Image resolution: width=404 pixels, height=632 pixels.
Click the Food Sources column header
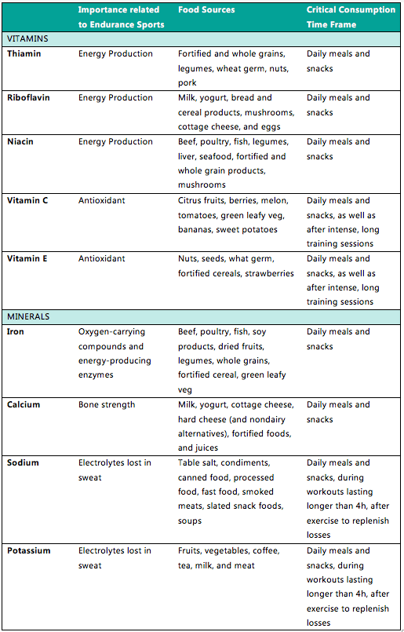click(206, 10)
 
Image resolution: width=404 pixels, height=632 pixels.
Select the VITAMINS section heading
click(27, 38)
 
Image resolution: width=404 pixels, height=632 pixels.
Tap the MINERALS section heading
click(28, 316)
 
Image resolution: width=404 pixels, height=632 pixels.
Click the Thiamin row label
click(24, 54)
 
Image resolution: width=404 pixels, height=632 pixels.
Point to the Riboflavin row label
click(30, 98)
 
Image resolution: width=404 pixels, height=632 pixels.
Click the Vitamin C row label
click(27, 201)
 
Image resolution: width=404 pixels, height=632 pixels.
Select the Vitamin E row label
click(27, 259)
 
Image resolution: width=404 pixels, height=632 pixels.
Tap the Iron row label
click(16, 332)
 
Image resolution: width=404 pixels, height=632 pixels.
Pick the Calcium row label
click(24, 405)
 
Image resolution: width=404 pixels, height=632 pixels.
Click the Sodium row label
click(23, 463)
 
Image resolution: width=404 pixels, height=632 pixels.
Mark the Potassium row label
click(29, 551)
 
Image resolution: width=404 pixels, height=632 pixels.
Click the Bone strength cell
click(107, 405)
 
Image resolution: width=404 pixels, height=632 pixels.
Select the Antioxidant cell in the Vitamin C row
click(103, 201)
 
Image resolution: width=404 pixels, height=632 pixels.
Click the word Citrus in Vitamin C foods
click(191, 201)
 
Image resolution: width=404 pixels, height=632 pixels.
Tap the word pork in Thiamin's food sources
click(187, 83)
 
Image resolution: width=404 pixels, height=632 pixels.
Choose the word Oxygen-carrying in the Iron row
click(111, 332)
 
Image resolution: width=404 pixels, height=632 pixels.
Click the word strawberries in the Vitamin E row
click(269, 274)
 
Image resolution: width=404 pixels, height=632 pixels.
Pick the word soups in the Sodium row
click(190, 521)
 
